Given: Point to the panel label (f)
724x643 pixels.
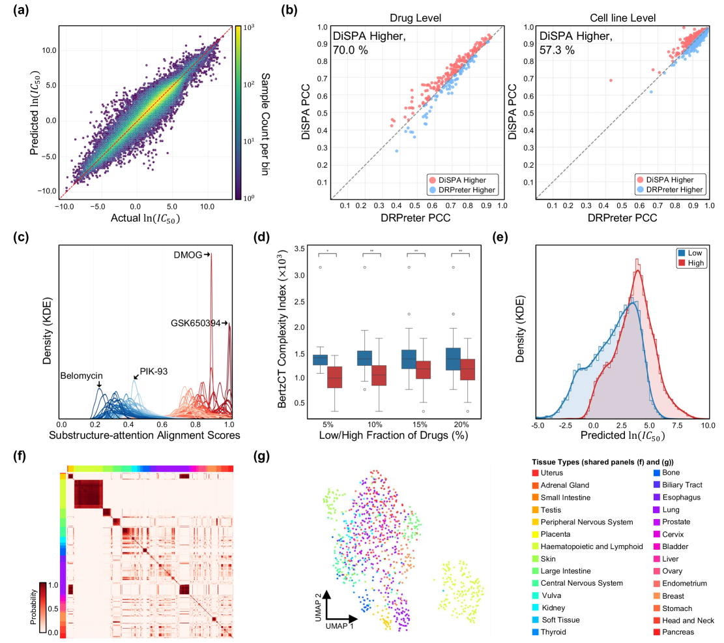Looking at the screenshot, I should point(19,456).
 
